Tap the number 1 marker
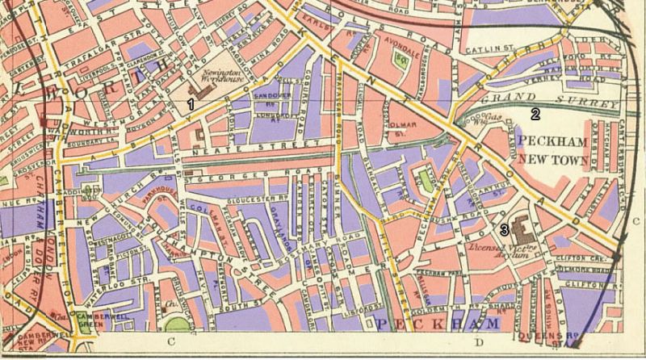[x=191, y=104]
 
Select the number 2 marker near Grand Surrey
[x=535, y=114]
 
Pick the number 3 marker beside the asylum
[x=504, y=230]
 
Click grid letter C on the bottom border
[x=170, y=341]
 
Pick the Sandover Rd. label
[x=272, y=98]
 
